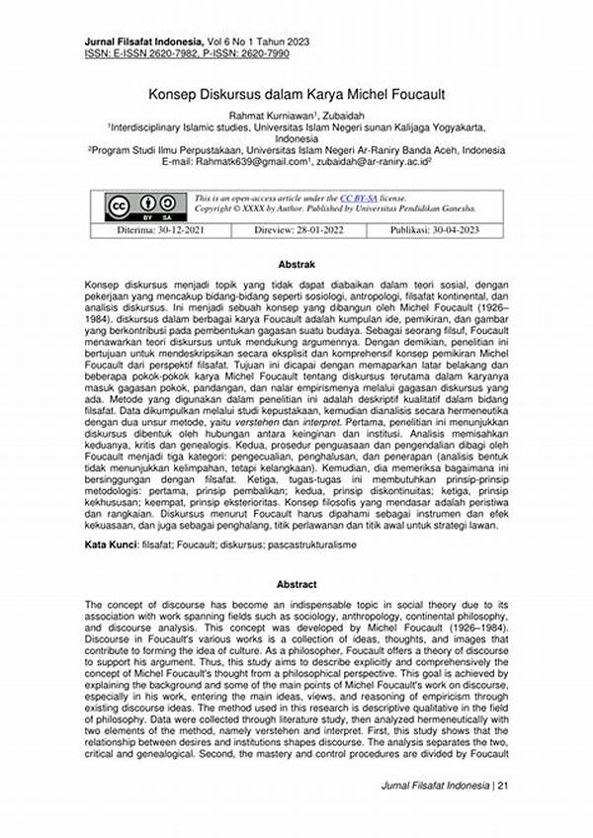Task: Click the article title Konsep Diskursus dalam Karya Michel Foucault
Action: [297, 95]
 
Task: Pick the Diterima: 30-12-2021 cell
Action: [141, 230]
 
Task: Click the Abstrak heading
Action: [297, 266]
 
